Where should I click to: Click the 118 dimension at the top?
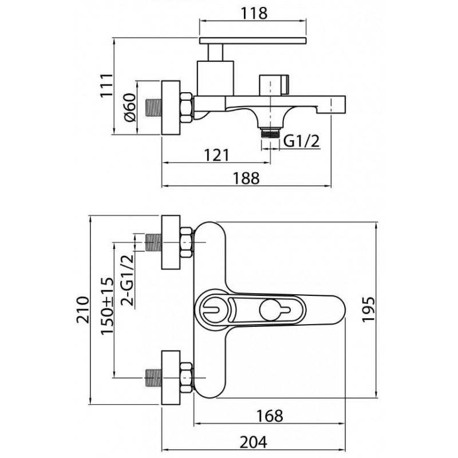[x=254, y=13]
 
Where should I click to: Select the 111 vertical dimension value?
[x=106, y=85]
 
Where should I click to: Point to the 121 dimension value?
[x=216, y=155]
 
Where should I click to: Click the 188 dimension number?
[x=246, y=178]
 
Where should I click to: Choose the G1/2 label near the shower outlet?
[x=302, y=141]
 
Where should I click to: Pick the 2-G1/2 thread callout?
[x=127, y=280]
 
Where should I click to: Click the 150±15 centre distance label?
[x=107, y=306]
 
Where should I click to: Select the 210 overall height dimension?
[x=82, y=310]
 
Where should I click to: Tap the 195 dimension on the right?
[x=368, y=309]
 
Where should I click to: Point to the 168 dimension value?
[x=270, y=416]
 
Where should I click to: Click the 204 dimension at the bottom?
[x=253, y=442]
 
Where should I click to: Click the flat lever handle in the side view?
[x=253, y=41]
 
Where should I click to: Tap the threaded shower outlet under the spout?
[x=270, y=133]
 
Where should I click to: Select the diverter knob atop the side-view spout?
[x=274, y=85]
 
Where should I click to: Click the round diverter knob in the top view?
[x=270, y=310]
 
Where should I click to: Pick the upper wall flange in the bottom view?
[x=171, y=242]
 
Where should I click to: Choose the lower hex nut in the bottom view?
[x=186, y=377]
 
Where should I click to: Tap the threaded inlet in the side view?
[x=153, y=108]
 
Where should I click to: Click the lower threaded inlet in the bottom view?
[x=153, y=377]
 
